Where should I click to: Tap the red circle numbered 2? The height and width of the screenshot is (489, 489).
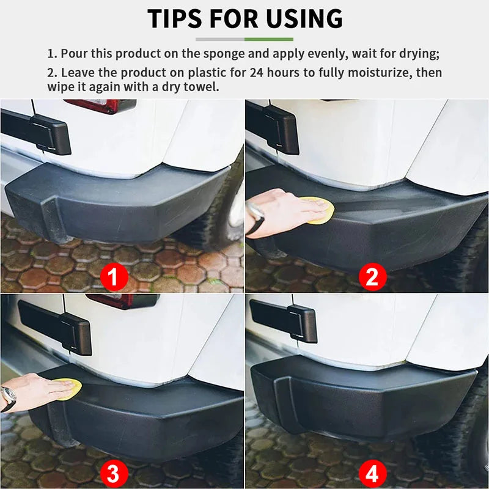(x=372, y=278)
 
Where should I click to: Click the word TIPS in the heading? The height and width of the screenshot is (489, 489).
(x=177, y=19)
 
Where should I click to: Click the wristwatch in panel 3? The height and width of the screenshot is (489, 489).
(x=8, y=398)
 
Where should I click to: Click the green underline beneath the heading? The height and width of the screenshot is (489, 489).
(x=269, y=39)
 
